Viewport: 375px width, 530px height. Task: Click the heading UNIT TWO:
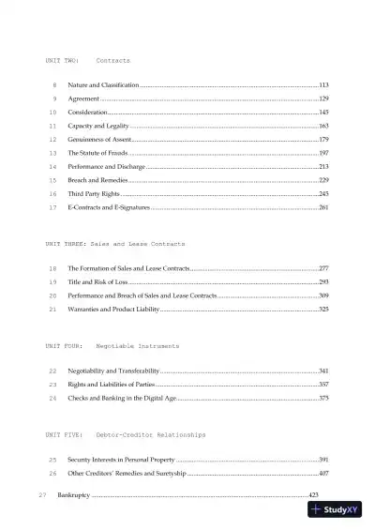point(62,60)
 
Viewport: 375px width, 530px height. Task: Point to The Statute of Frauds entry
point(97,152)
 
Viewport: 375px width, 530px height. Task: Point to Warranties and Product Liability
point(113,309)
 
